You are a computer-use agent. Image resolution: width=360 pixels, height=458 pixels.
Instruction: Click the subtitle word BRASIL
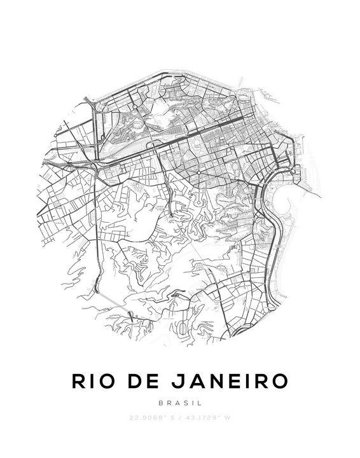coord(180,403)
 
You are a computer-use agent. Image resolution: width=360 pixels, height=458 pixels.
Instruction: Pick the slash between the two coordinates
coord(181,418)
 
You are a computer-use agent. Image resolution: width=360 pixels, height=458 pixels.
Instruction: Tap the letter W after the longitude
coord(226,418)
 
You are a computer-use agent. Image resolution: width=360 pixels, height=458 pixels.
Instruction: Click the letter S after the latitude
coord(172,418)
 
